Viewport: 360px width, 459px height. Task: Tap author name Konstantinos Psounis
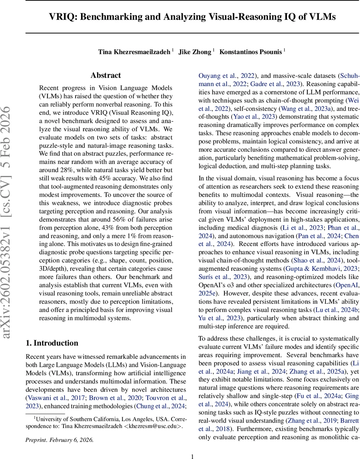point(251,52)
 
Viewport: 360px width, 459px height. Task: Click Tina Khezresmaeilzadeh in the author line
point(135,52)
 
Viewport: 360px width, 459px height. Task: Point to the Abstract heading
point(105,75)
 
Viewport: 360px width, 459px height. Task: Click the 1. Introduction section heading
point(52,343)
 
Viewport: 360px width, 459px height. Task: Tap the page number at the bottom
point(193,456)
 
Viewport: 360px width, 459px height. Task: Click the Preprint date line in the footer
point(60,439)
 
